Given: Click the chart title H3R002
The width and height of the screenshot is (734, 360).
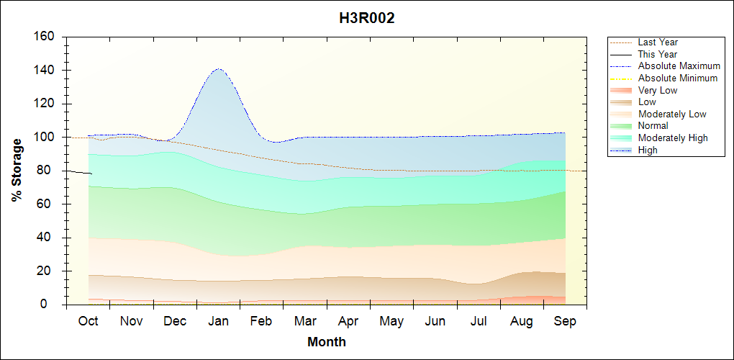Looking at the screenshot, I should click(367, 18).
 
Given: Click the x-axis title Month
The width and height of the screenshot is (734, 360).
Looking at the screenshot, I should click(326, 342).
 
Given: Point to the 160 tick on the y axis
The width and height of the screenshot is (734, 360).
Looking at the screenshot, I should click(47, 37).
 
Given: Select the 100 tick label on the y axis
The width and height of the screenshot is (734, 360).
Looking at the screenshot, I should click(47, 138).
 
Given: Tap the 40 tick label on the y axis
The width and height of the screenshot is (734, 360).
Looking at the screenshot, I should click(50, 238).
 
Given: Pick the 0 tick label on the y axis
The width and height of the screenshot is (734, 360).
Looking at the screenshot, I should click(54, 305).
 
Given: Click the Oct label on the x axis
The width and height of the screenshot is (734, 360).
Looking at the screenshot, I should click(88, 321).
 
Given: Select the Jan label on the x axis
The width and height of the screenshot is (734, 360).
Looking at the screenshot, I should click(218, 321).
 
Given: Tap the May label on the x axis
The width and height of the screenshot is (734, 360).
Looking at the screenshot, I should click(391, 321).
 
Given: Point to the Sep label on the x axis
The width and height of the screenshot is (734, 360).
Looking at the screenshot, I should click(565, 321).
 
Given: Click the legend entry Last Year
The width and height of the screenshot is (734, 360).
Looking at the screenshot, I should click(658, 42).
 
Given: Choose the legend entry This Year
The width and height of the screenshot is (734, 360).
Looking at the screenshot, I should click(658, 54).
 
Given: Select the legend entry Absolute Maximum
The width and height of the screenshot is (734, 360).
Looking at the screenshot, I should click(679, 66).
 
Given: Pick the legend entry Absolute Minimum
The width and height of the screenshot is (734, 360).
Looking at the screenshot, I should click(678, 78).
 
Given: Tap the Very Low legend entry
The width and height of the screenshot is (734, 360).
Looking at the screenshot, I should click(658, 90).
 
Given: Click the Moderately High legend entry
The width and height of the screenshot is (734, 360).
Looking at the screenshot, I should click(673, 138).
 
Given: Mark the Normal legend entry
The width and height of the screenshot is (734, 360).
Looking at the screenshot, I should click(653, 126).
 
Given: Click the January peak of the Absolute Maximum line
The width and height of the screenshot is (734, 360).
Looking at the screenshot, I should click(218, 69).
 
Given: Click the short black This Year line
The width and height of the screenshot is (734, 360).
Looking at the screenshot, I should click(79, 172).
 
